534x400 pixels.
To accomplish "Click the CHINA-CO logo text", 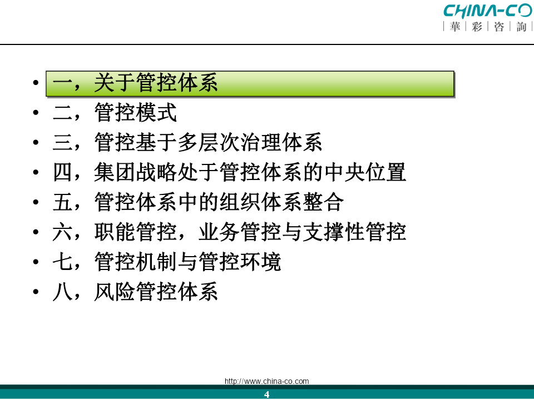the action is [x=488, y=11].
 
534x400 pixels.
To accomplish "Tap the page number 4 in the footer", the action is [x=266, y=394].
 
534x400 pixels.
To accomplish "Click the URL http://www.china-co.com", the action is [x=266, y=381].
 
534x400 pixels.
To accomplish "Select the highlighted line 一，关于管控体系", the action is [x=135, y=83].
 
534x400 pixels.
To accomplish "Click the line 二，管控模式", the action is [x=115, y=113].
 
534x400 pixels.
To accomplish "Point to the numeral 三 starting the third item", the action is [x=62, y=143].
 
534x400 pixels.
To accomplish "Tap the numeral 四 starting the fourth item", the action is [x=62, y=172].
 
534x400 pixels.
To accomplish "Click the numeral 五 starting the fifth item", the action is [x=62, y=202].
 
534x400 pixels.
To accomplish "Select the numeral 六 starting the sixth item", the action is [x=62, y=232].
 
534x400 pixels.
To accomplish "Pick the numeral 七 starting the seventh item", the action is [x=62, y=262].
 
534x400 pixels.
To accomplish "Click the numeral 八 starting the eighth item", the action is [x=62, y=292].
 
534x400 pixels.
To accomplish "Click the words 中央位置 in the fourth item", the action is [x=365, y=172].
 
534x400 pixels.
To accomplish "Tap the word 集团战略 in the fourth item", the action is [x=136, y=172].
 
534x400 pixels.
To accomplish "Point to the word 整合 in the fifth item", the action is [x=323, y=202].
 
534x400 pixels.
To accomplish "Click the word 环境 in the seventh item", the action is [x=260, y=262].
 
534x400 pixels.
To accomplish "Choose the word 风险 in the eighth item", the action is [x=115, y=292].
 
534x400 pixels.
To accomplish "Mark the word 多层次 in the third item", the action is [x=209, y=143].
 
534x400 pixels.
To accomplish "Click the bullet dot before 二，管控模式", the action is [x=36, y=113].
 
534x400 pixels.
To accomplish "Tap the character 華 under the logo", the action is [x=454, y=27].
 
